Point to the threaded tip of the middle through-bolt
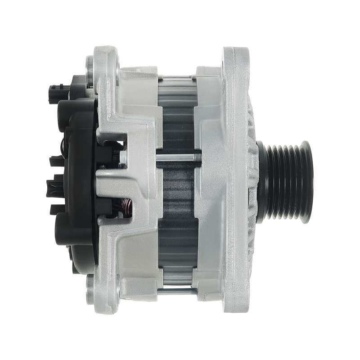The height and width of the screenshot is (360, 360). [x=198, y=157]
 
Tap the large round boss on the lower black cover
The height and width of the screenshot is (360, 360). [x=67, y=234]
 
